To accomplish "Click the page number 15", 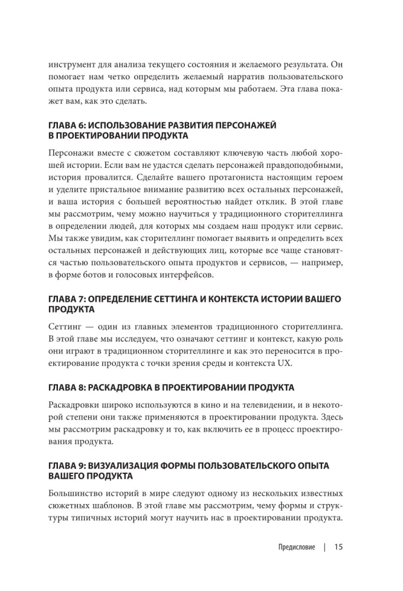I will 338,547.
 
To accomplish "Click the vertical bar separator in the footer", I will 324,547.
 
